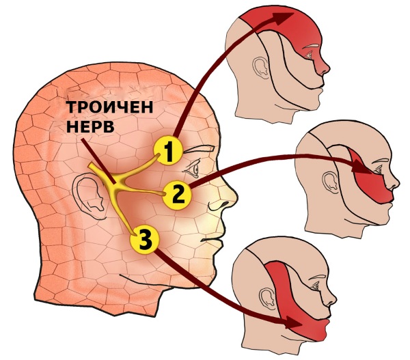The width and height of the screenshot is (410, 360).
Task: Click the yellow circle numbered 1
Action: (x=168, y=150)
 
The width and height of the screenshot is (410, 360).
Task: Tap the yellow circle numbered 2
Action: (x=178, y=195)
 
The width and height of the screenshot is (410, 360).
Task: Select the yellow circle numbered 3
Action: (x=145, y=240)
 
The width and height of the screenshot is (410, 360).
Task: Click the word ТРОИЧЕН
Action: (x=109, y=107)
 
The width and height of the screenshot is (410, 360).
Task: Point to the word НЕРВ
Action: (x=90, y=126)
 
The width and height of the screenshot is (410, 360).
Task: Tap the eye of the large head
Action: (x=193, y=169)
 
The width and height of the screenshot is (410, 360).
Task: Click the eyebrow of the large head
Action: (x=200, y=150)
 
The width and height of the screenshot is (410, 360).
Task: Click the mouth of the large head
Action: (x=212, y=240)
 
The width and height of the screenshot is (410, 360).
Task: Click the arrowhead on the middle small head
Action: (x=361, y=167)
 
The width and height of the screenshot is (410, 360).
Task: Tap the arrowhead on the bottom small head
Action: (x=293, y=323)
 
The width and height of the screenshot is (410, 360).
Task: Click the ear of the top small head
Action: (x=261, y=68)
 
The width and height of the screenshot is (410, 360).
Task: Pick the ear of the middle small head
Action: (x=331, y=182)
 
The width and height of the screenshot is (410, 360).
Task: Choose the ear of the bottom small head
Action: (x=268, y=299)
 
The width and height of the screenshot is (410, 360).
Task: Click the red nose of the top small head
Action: (x=322, y=68)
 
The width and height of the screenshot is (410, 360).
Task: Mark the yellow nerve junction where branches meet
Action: (x=117, y=184)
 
